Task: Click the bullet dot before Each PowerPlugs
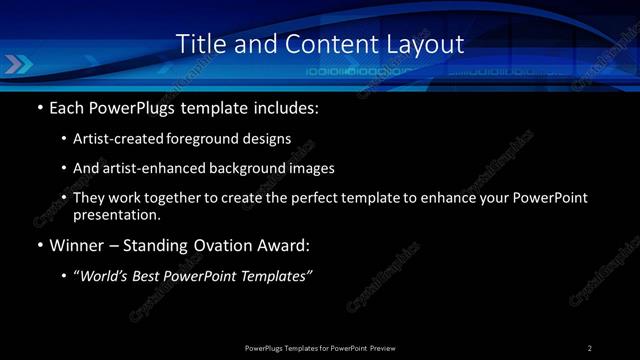pyautogui.click(x=39, y=106)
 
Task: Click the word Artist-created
pyautogui.click(x=113, y=139)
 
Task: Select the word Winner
pyautogui.click(x=77, y=245)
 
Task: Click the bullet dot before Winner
pyautogui.click(x=39, y=245)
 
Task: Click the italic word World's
pyautogui.click(x=111, y=276)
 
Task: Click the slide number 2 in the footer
pyautogui.click(x=590, y=348)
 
